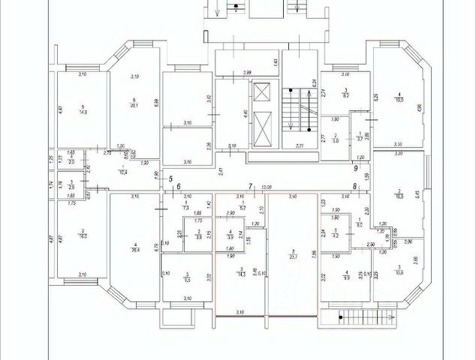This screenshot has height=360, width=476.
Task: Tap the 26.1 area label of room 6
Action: pyautogui.click(x=134, y=105)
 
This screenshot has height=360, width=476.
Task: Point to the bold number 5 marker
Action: pyautogui.click(x=171, y=178)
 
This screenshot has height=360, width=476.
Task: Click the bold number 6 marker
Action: pyautogui.click(x=179, y=187)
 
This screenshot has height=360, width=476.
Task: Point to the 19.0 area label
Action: pyautogui.click(x=400, y=99)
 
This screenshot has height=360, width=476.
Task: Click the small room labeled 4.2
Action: pyautogui.click(x=336, y=235)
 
